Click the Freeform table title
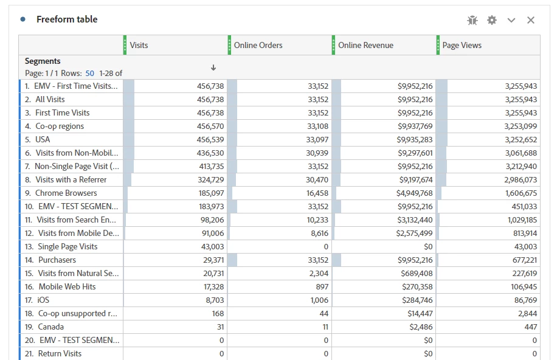coord(67,19)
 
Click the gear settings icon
coord(492,20)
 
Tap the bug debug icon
coord(472,20)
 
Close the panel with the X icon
coord(531,20)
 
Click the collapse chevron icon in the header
coord(511,20)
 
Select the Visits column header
coord(139,45)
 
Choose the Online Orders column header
coord(258,45)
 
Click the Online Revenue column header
coord(365,45)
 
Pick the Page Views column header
coord(462,45)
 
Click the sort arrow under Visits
coord(213,67)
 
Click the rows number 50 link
coord(89,73)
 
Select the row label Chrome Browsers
coord(66,193)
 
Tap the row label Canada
coord(50,327)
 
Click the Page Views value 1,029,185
coord(521,220)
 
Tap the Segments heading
coord(43,61)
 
